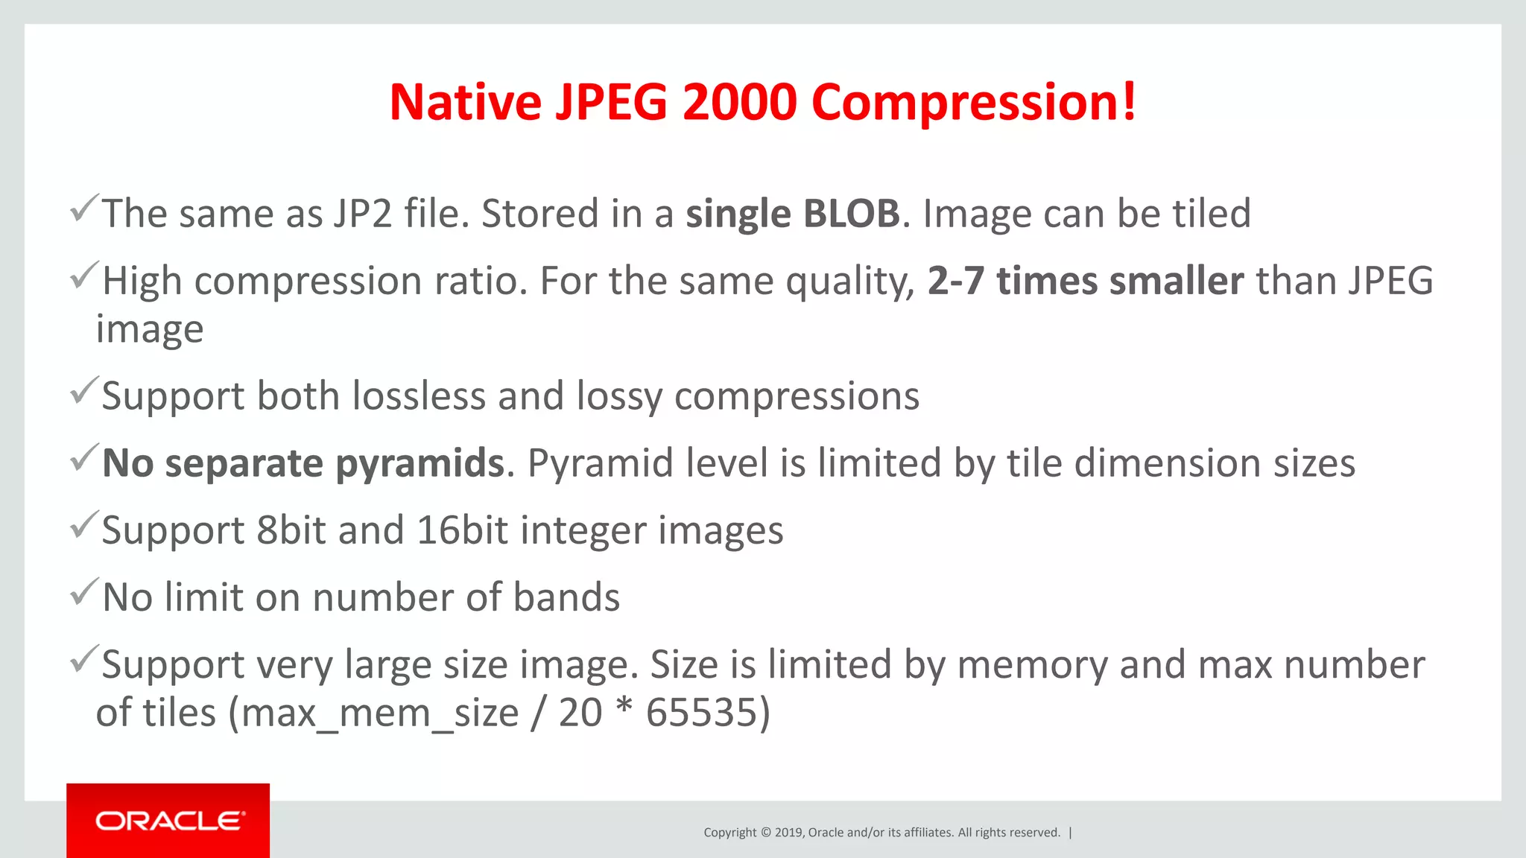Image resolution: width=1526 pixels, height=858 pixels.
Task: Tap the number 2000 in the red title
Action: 739,102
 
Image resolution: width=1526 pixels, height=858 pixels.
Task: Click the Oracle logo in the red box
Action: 168,821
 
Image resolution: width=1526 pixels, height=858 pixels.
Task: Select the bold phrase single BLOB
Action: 793,214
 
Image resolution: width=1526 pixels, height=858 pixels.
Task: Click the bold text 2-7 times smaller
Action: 1086,282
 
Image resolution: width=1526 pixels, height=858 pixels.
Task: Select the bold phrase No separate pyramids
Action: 304,463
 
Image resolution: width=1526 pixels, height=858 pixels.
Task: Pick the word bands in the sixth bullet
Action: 566,597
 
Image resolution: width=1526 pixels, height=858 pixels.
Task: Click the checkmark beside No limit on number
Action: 84,592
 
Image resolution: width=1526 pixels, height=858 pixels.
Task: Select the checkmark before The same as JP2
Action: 84,209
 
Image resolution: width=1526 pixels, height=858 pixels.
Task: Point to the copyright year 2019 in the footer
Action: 788,833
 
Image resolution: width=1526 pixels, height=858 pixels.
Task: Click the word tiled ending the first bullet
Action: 1212,214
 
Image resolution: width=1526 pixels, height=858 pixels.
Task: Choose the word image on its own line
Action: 150,330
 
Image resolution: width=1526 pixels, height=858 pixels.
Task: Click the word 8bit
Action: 291,530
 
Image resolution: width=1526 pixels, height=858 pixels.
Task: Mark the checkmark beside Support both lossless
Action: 84,390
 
